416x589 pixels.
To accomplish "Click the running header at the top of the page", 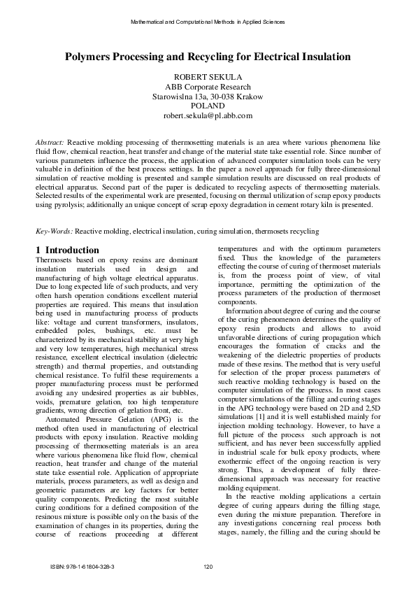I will [208, 22].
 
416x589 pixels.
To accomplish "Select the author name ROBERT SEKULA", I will [208, 76].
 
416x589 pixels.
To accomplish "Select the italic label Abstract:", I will [50, 142].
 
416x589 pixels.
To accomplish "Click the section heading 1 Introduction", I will [67, 250].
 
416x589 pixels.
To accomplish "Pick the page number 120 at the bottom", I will [208, 567].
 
